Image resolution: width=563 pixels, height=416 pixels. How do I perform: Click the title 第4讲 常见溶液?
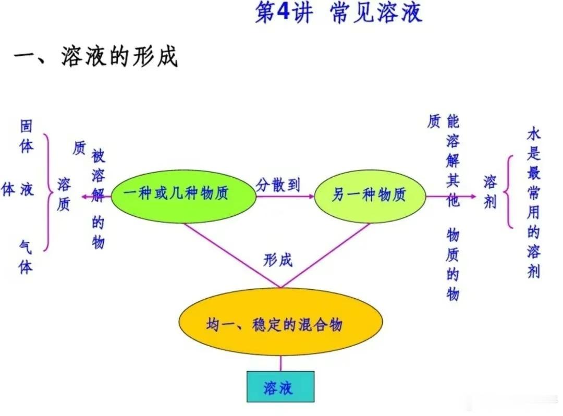click(338, 12)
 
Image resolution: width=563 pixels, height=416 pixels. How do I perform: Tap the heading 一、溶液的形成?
click(96, 56)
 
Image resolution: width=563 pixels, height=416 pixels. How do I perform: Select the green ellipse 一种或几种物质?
click(183, 197)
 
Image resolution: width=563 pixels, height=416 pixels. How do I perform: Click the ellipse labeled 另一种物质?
click(370, 196)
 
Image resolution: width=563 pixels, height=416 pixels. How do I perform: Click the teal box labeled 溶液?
click(280, 387)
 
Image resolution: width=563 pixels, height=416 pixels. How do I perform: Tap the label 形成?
click(278, 260)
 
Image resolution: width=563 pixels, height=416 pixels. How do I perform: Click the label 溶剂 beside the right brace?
click(489, 192)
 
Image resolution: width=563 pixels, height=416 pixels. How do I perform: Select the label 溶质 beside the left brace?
click(64, 194)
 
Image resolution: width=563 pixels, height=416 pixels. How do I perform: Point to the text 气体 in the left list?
click(26, 258)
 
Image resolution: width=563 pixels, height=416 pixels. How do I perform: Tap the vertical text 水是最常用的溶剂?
click(534, 203)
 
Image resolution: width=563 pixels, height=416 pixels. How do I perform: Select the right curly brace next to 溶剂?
click(508, 192)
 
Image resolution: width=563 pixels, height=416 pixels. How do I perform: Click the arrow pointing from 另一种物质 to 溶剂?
click(451, 197)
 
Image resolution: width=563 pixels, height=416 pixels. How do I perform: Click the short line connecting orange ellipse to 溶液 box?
click(280, 363)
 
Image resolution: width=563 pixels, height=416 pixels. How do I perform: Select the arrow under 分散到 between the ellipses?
click(285, 197)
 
